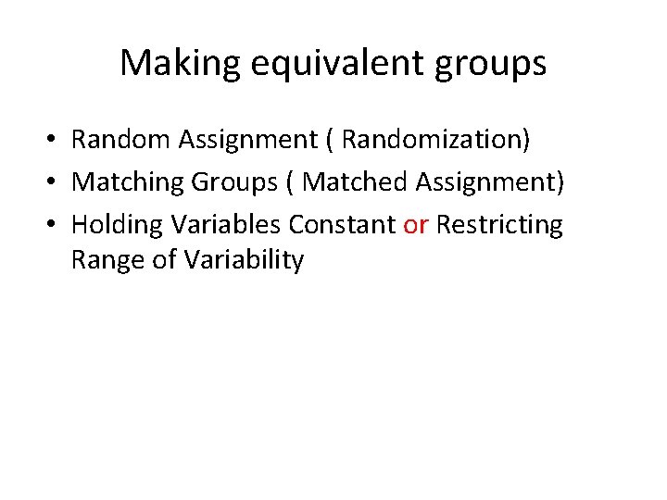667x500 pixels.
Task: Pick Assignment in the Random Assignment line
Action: click(249, 139)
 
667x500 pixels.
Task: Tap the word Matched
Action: click(355, 181)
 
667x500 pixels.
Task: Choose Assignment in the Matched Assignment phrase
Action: click(488, 181)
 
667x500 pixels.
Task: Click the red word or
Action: click(416, 224)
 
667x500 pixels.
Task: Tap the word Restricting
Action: click(499, 224)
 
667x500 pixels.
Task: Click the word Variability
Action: click(244, 260)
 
